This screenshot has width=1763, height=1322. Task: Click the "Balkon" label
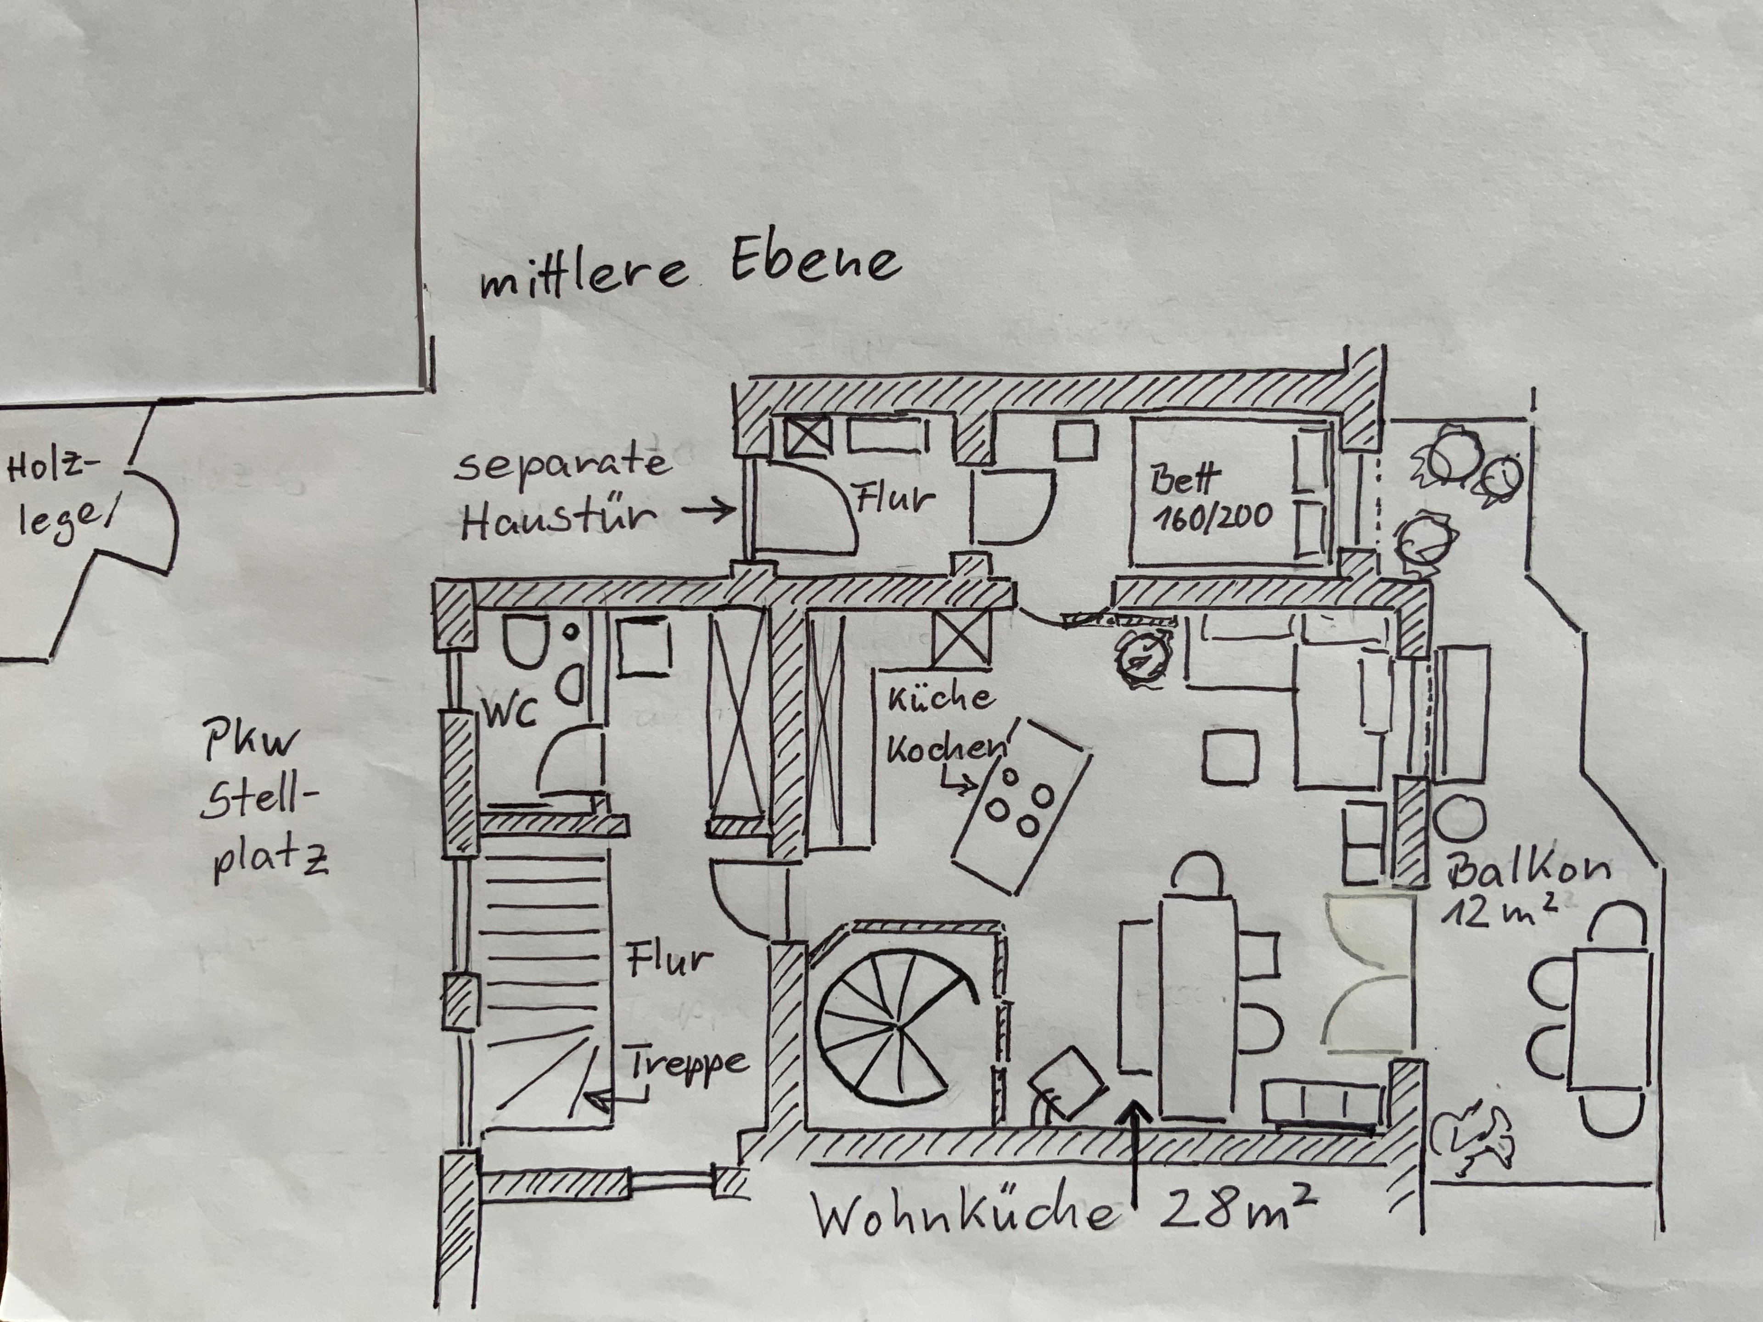[x=1528, y=870]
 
